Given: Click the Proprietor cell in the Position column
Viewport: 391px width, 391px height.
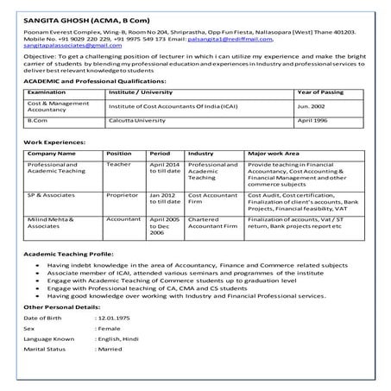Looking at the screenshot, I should pyautogui.click(x=123, y=195).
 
